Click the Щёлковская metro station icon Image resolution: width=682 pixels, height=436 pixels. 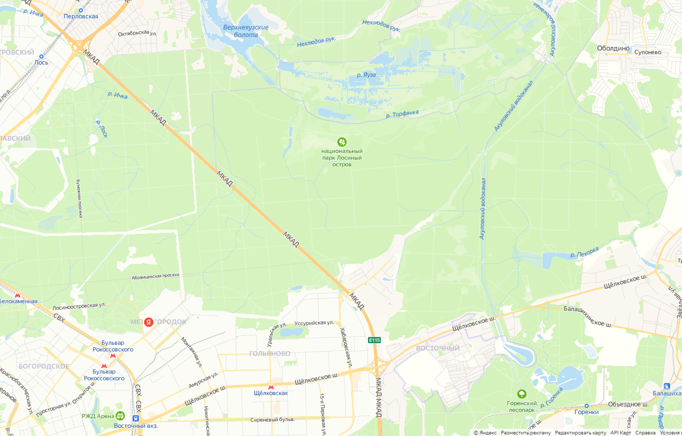click(x=271, y=387)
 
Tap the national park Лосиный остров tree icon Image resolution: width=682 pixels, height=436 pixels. click(x=342, y=142)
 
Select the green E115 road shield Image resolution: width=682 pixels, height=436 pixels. click(x=374, y=340)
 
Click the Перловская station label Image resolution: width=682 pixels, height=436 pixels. click(x=81, y=17)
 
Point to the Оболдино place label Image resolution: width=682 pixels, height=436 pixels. click(x=613, y=48)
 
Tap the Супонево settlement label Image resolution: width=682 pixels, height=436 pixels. click(x=647, y=52)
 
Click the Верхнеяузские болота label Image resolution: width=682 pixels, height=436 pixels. click(x=246, y=31)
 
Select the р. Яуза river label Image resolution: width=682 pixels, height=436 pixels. click(x=366, y=75)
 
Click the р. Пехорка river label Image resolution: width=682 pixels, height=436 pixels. click(x=584, y=252)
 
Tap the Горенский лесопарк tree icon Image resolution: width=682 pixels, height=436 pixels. click(x=521, y=394)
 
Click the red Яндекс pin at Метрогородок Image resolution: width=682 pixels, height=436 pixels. click(x=149, y=322)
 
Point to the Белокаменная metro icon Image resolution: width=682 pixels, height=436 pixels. click(x=18, y=294)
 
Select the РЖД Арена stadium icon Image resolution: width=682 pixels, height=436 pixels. click(x=120, y=415)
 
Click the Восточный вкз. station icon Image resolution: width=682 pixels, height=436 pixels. click(x=136, y=418)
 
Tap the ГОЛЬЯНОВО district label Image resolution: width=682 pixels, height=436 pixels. click(x=269, y=354)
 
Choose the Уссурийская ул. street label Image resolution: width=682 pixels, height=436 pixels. click(x=314, y=323)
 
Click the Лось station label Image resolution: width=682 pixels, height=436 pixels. click(x=41, y=63)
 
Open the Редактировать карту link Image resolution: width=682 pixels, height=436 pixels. click(x=580, y=433)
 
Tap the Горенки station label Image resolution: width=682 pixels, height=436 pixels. click(x=586, y=412)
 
